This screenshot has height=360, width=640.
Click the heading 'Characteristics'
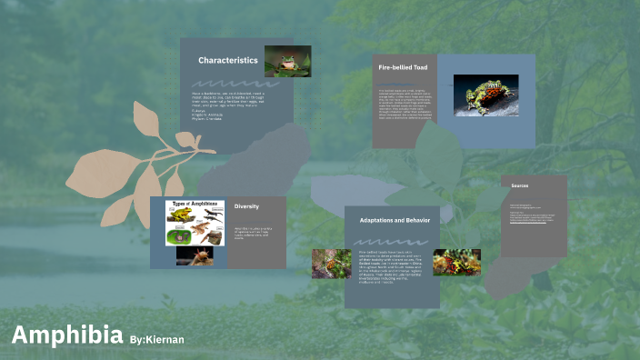[227, 61]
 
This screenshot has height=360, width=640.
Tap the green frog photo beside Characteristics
[287, 61]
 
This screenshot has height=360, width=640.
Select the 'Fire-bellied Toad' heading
[402, 67]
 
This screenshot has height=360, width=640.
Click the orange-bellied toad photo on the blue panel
[485, 95]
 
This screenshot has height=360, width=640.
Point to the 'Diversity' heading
[246, 206]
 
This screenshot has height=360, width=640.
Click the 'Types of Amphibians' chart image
[195, 223]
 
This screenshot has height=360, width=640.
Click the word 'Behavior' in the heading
[417, 221]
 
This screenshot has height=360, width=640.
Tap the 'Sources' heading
[519, 185]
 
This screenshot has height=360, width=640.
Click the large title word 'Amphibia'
[67, 335]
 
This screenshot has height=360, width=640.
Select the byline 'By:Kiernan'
[157, 339]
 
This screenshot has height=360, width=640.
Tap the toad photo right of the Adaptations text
[456, 262]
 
